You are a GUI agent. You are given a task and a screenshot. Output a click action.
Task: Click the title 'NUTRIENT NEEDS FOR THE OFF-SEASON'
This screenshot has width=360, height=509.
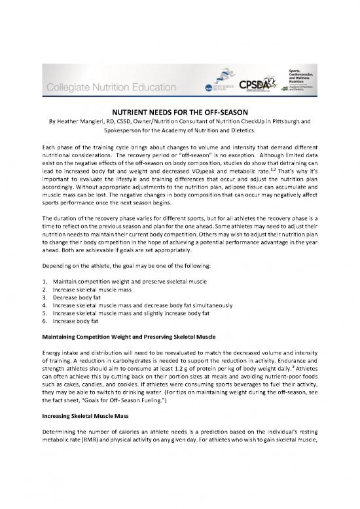[x=180, y=112]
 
